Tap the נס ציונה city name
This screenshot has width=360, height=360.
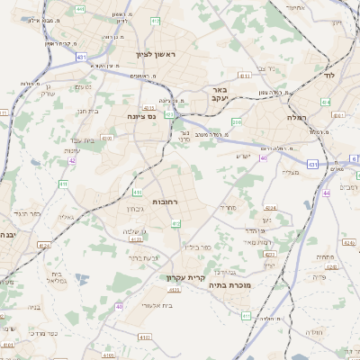click(x=142, y=116)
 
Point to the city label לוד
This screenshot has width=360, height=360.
click(x=328, y=76)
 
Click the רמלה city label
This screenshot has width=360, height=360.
click(x=297, y=118)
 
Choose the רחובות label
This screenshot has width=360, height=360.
click(x=167, y=201)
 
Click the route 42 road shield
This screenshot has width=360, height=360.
click(x=71, y=163)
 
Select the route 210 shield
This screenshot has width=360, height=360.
click(x=237, y=121)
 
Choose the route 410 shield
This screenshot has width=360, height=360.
click(x=107, y=138)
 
